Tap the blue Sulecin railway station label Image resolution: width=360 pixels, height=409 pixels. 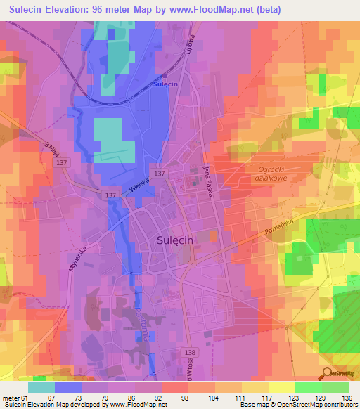pos(164,84)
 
